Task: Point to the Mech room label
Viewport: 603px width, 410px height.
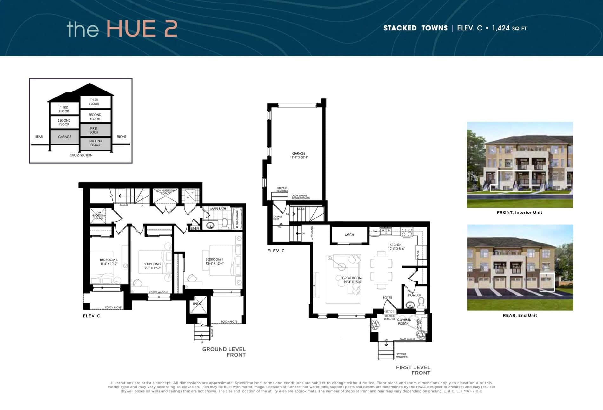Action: click(349, 235)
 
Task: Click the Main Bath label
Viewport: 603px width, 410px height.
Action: click(218, 209)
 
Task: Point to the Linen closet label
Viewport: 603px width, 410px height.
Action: click(195, 228)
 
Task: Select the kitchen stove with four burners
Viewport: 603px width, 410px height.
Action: click(407, 232)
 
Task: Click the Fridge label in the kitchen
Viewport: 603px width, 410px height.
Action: click(418, 254)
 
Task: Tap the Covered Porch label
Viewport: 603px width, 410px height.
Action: click(404, 322)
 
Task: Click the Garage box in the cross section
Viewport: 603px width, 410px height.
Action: click(64, 137)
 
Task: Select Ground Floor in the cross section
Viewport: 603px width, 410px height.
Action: click(95, 143)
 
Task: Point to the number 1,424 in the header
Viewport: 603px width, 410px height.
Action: click(501, 28)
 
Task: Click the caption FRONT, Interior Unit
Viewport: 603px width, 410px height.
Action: click(520, 212)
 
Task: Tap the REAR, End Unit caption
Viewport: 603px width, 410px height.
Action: click(520, 315)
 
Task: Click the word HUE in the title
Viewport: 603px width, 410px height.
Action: click(131, 29)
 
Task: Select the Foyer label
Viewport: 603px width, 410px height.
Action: click(388, 298)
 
